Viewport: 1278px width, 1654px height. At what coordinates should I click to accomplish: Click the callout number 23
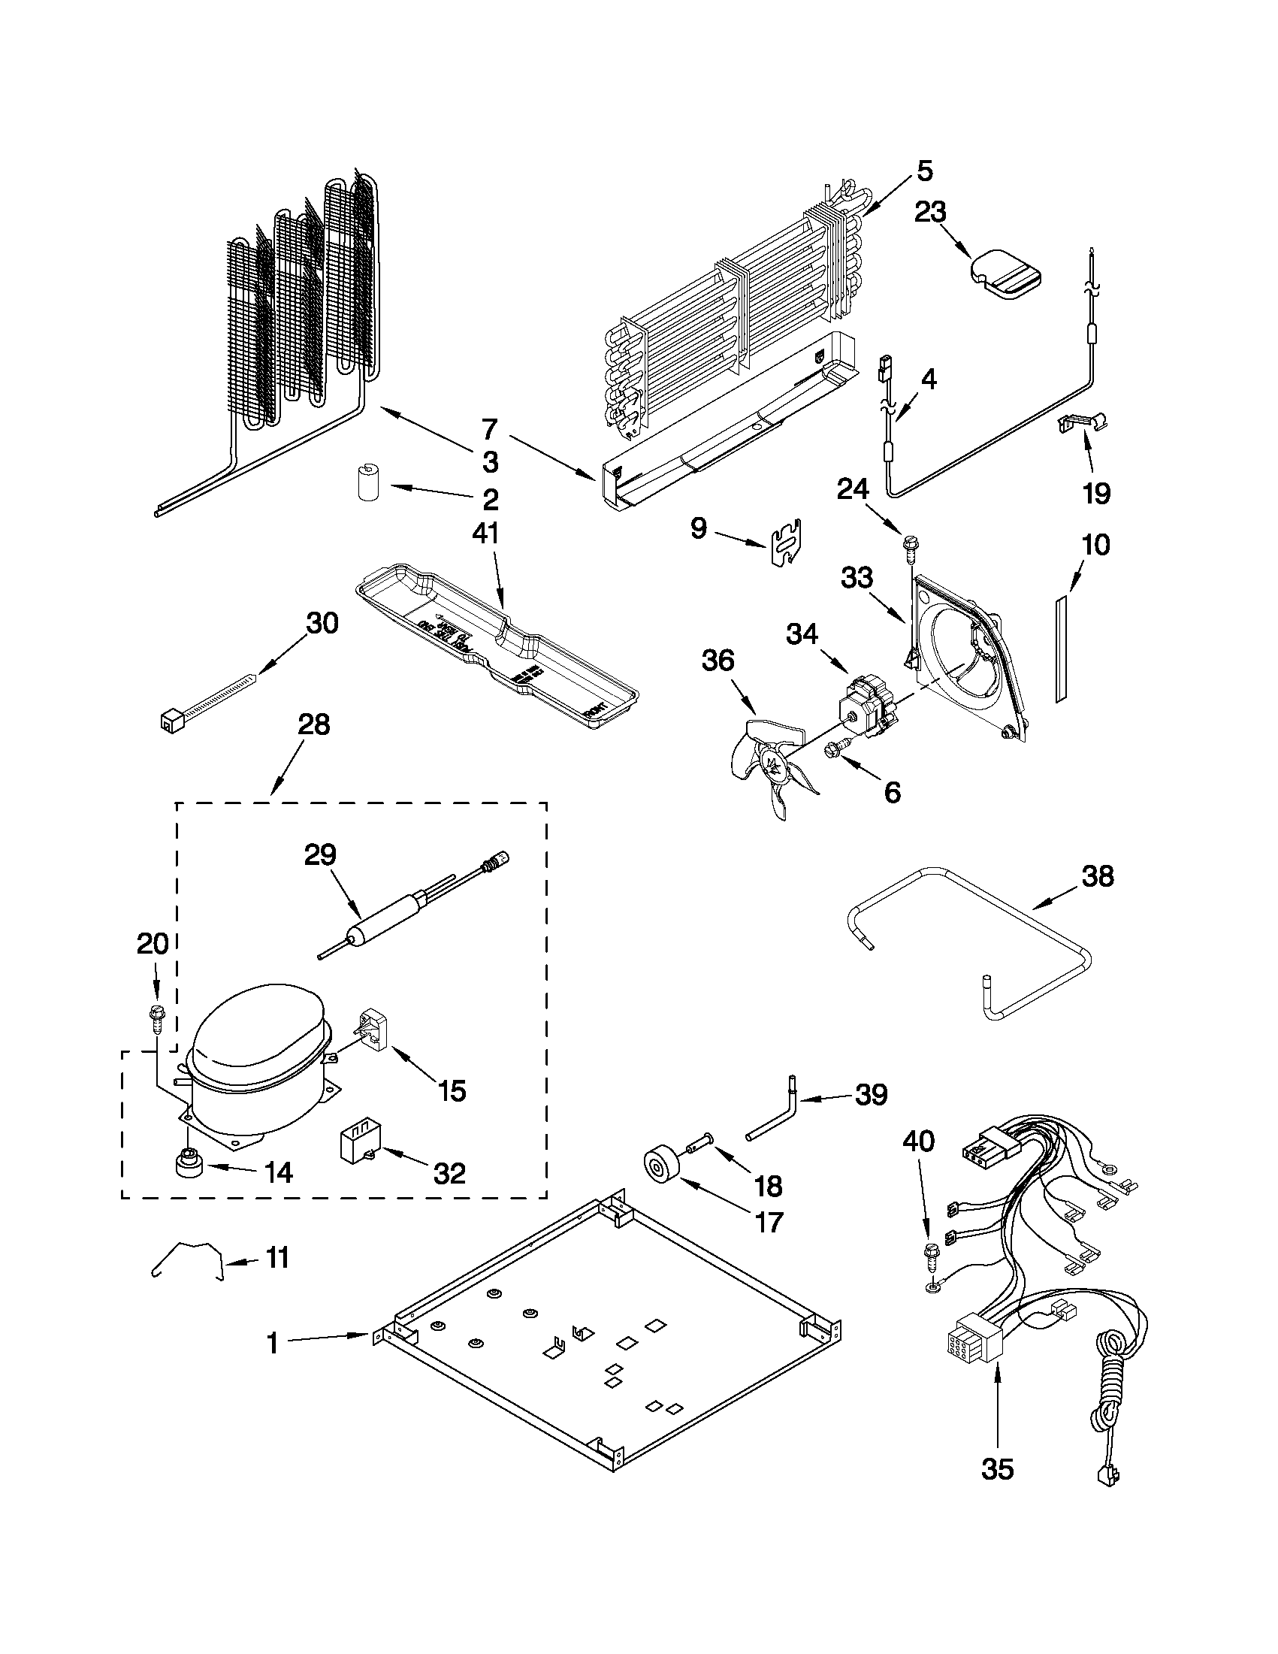[929, 212]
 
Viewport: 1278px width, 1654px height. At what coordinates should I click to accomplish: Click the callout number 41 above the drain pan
[485, 534]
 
